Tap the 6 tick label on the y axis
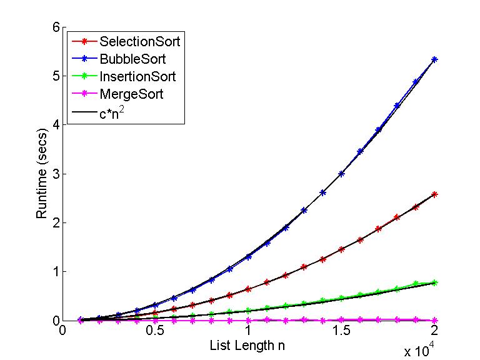pyautogui.click(x=56, y=27)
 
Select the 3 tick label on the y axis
pyautogui.click(x=56, y=174)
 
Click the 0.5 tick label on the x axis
pyautogui.click(x=155, y=330)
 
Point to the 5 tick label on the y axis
pyautogui.click(x=56, y=76)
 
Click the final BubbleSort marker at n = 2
pyautogui.click(x=434, y=59)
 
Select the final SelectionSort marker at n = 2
pyautogui.click(x=434, y=194)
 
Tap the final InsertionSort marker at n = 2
pyautogui.click(x=434, y=282)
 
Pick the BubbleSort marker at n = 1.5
pyautogui.click(x=341, y=174)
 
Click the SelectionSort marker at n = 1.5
pyautogui.click(x=341, y=249)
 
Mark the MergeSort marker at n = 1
pyautogui.click(x=249, y=320)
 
